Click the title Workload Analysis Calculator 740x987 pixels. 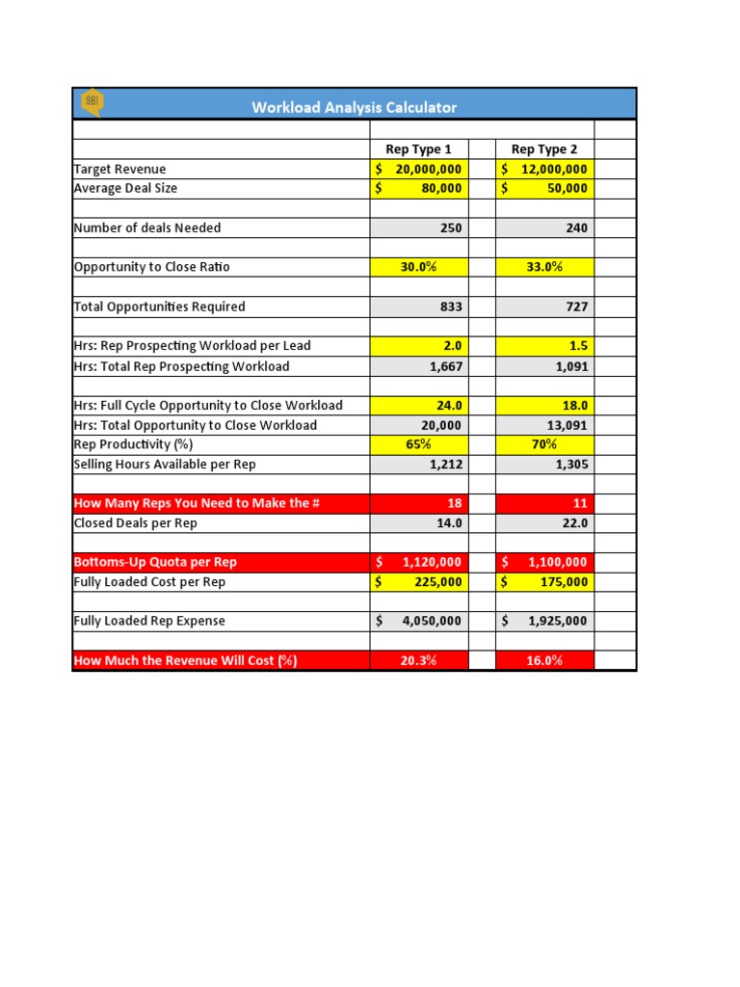[x=354, y=107]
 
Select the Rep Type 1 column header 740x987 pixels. [x=418, y=149]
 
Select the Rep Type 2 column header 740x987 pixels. [x=544, y=149]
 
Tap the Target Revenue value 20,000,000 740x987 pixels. [x=419, y=169]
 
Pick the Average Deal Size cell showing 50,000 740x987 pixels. [x=544, y=189]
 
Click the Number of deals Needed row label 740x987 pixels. [x=147, y=228]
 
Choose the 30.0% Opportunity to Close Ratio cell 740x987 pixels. [x=419, y=267]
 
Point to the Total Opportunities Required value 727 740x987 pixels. [x=544, y=307]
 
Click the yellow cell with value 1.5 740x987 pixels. [x=544, y=346]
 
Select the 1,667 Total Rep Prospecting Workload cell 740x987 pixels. [x=419, y=366]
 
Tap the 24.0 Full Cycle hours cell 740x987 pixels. [x=419, y=406]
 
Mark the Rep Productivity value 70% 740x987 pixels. [x=544, y=444]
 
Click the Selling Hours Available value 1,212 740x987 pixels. [x=419, y=465]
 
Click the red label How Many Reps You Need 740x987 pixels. [x=197, y=503]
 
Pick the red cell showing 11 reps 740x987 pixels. [x=544, y=503]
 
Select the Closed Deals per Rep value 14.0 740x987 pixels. [x=419, y=523]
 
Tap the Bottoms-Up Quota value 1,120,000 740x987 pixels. [x=419, y=562]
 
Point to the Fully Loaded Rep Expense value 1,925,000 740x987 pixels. [x=544, y=622]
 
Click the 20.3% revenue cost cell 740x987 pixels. [x=419, y=660]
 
